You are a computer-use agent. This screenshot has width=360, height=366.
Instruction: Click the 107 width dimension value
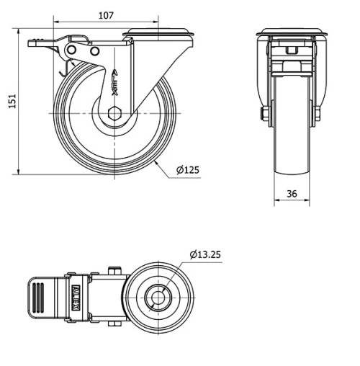coord(106,15)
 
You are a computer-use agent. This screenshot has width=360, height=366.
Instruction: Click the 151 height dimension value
coord(12,101)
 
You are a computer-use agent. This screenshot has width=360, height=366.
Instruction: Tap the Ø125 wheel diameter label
coord(188,170)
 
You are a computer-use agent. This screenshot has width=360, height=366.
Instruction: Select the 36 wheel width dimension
coord(292,194)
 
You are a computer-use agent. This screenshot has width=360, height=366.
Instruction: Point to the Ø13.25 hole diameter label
coord(205,254)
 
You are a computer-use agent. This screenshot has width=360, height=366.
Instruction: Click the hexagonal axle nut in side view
coord(114,113)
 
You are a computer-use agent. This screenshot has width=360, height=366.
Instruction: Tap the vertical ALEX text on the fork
coord(115,83)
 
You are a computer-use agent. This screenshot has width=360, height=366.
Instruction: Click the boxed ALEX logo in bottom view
coord(76,298)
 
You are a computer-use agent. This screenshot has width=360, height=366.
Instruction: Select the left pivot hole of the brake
coord(71,50)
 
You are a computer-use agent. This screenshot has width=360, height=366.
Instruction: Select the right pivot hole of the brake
coord(95,51)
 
